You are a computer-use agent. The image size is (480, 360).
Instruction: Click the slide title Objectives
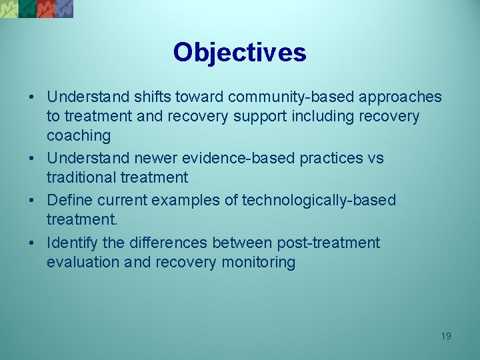point(239,52)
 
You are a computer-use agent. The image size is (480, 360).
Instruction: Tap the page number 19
point(446,336)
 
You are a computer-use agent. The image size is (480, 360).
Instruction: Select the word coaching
point(78,136)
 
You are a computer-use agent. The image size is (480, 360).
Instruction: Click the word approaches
point(401,97)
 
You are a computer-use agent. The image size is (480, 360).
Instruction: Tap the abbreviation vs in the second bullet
point(375,159)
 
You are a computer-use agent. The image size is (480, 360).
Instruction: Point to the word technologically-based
point(319,201)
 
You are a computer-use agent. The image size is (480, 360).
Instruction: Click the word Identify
point(72,243)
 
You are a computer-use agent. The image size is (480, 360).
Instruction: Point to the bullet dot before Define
point(32,201)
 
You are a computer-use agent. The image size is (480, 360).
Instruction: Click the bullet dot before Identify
point(32,243)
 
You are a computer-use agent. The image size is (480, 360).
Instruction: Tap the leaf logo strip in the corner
point(37,8)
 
